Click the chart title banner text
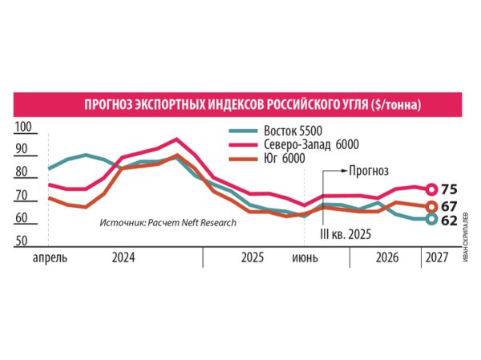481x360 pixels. pyautogui.click(x=254, y=106)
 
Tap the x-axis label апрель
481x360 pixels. pyautogui.click(x=50, y=258)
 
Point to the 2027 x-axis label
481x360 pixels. pyautogui.click(x=437, y=258)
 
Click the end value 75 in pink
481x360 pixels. pyautogui.click(x=448, y=190)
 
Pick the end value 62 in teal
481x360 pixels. pyautogui.click(x=448, y=220)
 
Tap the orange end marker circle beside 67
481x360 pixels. pyautogui.click(x=431, y=206)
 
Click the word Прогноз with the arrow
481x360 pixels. pyautogui.click(x=368, y=171)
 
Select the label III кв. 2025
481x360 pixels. pyautogui.click(x=346, y=233)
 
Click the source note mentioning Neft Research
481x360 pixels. pyautogui.click(x=168, y=222)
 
